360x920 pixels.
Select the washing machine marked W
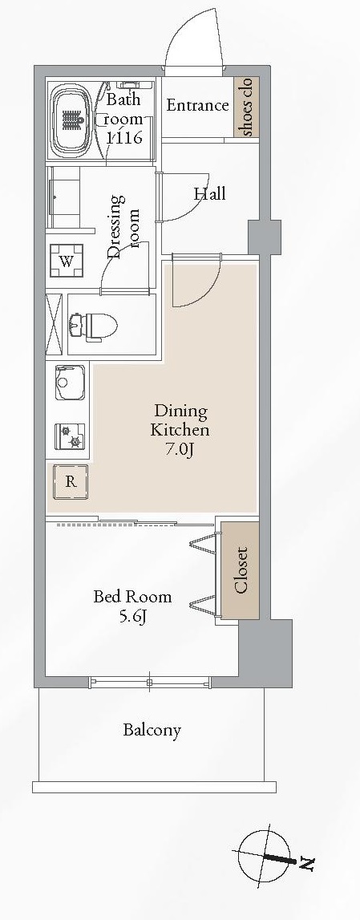67,261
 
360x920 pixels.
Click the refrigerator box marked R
71,482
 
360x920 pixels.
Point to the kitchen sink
71,383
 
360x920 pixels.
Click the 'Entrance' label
197,106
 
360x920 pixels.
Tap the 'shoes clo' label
246,107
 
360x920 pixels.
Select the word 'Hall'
209,193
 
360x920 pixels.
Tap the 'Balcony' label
152,731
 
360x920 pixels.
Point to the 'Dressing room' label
123,226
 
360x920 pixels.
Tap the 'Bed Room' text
132,598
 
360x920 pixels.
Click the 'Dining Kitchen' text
180,420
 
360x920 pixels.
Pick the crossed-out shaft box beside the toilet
54,325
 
